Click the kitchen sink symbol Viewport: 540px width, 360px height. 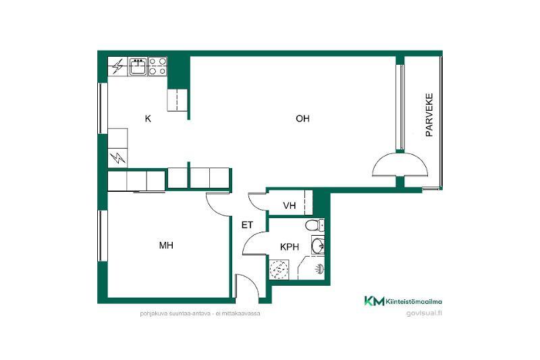(138, 66)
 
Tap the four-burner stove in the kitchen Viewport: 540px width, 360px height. (157, 66)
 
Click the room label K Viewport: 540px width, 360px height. (148, 119)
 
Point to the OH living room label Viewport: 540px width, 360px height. (302, 118)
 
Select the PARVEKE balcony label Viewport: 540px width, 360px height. (429, 115)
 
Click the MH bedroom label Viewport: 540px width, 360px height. (166, 245)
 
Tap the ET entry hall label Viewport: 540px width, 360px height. (247, 226)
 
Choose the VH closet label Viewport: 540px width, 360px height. (290, 205)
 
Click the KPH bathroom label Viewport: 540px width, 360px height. (290, 247)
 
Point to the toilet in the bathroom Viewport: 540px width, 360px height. (315, 226)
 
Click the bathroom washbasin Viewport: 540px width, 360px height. (317, 245)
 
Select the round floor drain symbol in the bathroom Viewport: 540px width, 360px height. (279, 269)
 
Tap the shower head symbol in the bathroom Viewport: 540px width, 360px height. (319, 269)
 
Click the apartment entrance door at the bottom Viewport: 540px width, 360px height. (247, 286)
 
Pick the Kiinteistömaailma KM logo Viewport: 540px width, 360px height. (403, 301)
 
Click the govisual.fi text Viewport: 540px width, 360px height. (425, 313)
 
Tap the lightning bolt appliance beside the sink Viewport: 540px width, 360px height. (117, 66)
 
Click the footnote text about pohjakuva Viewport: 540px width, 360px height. (200, 314)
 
